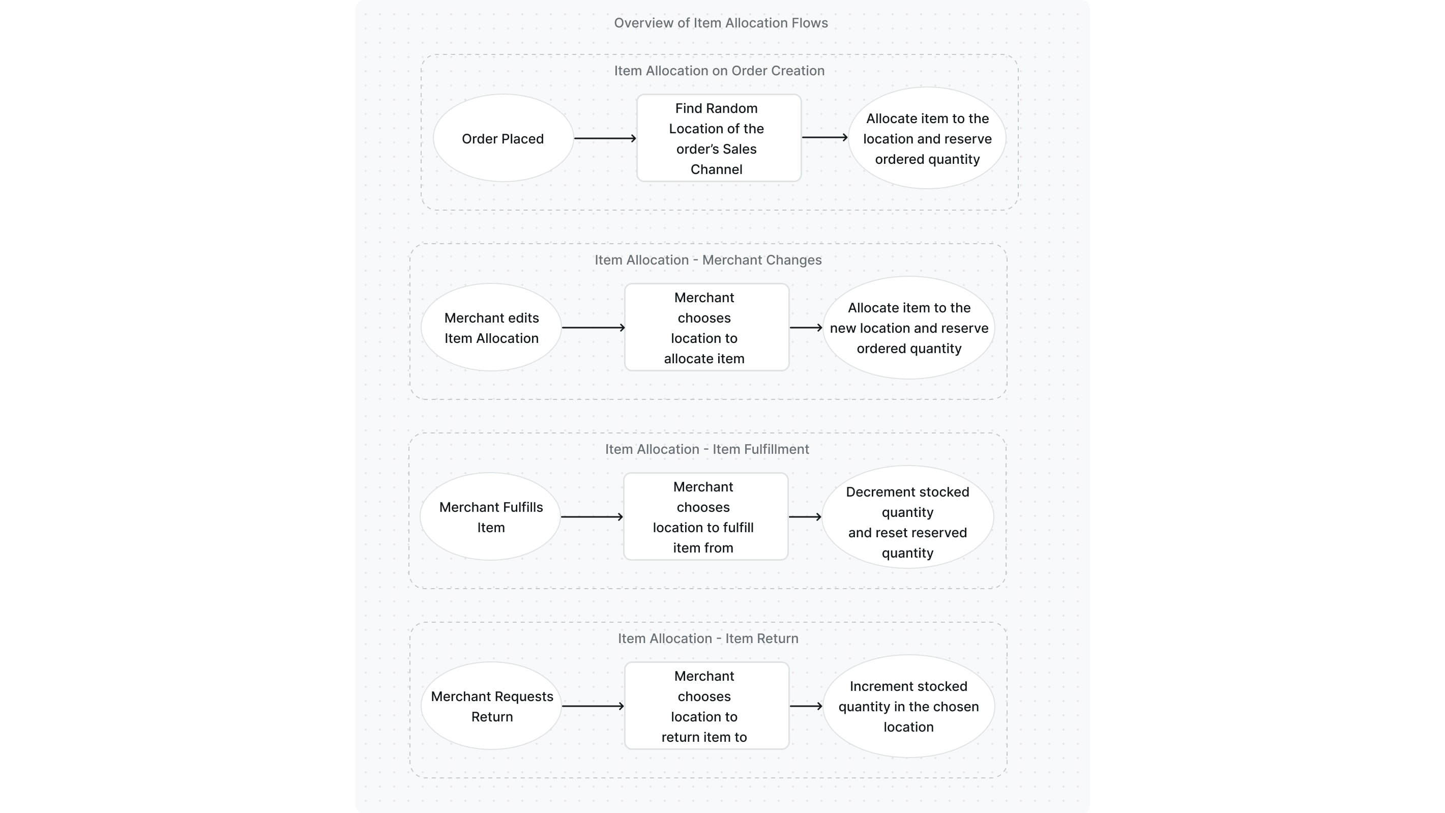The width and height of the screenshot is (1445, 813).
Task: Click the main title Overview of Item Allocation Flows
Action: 720,23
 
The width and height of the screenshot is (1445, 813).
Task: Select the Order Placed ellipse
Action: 503,138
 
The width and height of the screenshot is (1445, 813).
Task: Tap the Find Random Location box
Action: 718,138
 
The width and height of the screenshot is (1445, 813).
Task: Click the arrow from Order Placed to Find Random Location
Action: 605,138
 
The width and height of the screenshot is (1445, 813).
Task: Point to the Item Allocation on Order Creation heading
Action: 719,71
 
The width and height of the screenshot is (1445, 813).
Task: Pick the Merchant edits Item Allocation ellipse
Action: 491,328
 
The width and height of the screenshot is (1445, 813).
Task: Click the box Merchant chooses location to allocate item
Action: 706,328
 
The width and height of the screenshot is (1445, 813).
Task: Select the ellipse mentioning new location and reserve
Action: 909,328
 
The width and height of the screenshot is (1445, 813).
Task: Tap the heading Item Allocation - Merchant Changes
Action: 707,260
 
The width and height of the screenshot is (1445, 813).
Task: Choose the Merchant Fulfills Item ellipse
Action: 490,517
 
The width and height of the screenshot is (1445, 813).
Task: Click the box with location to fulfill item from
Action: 705,517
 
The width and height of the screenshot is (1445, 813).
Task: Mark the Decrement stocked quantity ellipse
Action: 907,517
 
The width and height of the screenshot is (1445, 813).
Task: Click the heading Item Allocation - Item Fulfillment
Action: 706,449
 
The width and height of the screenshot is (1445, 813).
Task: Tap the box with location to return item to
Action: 706,706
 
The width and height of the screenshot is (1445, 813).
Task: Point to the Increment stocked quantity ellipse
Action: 908,706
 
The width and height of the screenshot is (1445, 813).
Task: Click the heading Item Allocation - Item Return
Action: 707,638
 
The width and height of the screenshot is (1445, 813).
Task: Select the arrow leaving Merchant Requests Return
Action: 593,706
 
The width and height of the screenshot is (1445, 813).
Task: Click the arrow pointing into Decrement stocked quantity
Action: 805,517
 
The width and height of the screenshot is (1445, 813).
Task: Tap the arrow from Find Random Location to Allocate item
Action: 824,137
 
